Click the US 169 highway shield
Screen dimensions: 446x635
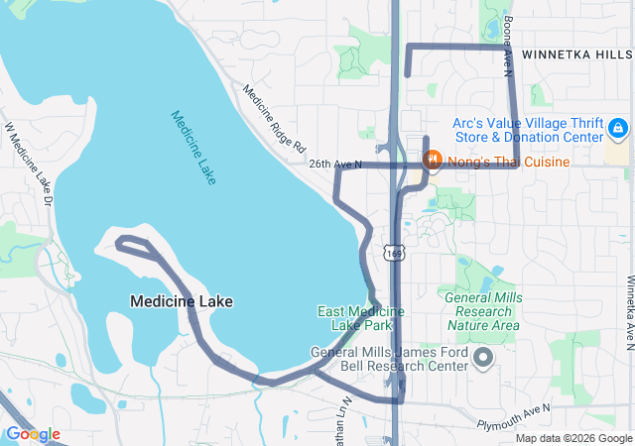pos(394,254)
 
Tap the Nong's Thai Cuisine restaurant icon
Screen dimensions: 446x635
pos(433,161)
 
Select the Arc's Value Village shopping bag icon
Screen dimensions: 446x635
pos(617,128)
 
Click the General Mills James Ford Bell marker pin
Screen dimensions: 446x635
pos(483,358)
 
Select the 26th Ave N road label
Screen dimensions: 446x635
pos(335,164)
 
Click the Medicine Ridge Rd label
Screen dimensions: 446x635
pos(274,116)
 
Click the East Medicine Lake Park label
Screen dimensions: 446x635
pos(360,318)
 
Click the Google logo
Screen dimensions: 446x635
pos(32,434)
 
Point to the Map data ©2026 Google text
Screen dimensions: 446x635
pos(572,438)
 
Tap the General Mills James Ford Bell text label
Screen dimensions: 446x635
pos(389,359)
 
